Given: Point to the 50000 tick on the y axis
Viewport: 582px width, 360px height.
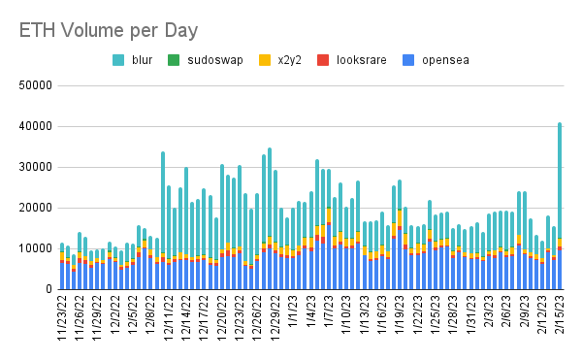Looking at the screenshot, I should tap(35, 85).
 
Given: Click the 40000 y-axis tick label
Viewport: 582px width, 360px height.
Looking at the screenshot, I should tap(35, 126).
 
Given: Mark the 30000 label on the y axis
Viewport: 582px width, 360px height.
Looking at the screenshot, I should tap(35, 167).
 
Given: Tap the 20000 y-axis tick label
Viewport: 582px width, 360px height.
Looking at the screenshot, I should tap(35, 208).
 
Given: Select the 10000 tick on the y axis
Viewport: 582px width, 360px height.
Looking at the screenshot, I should tap(35, 248).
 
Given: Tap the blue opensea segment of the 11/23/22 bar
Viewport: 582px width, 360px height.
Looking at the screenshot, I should tap(62, 276).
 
